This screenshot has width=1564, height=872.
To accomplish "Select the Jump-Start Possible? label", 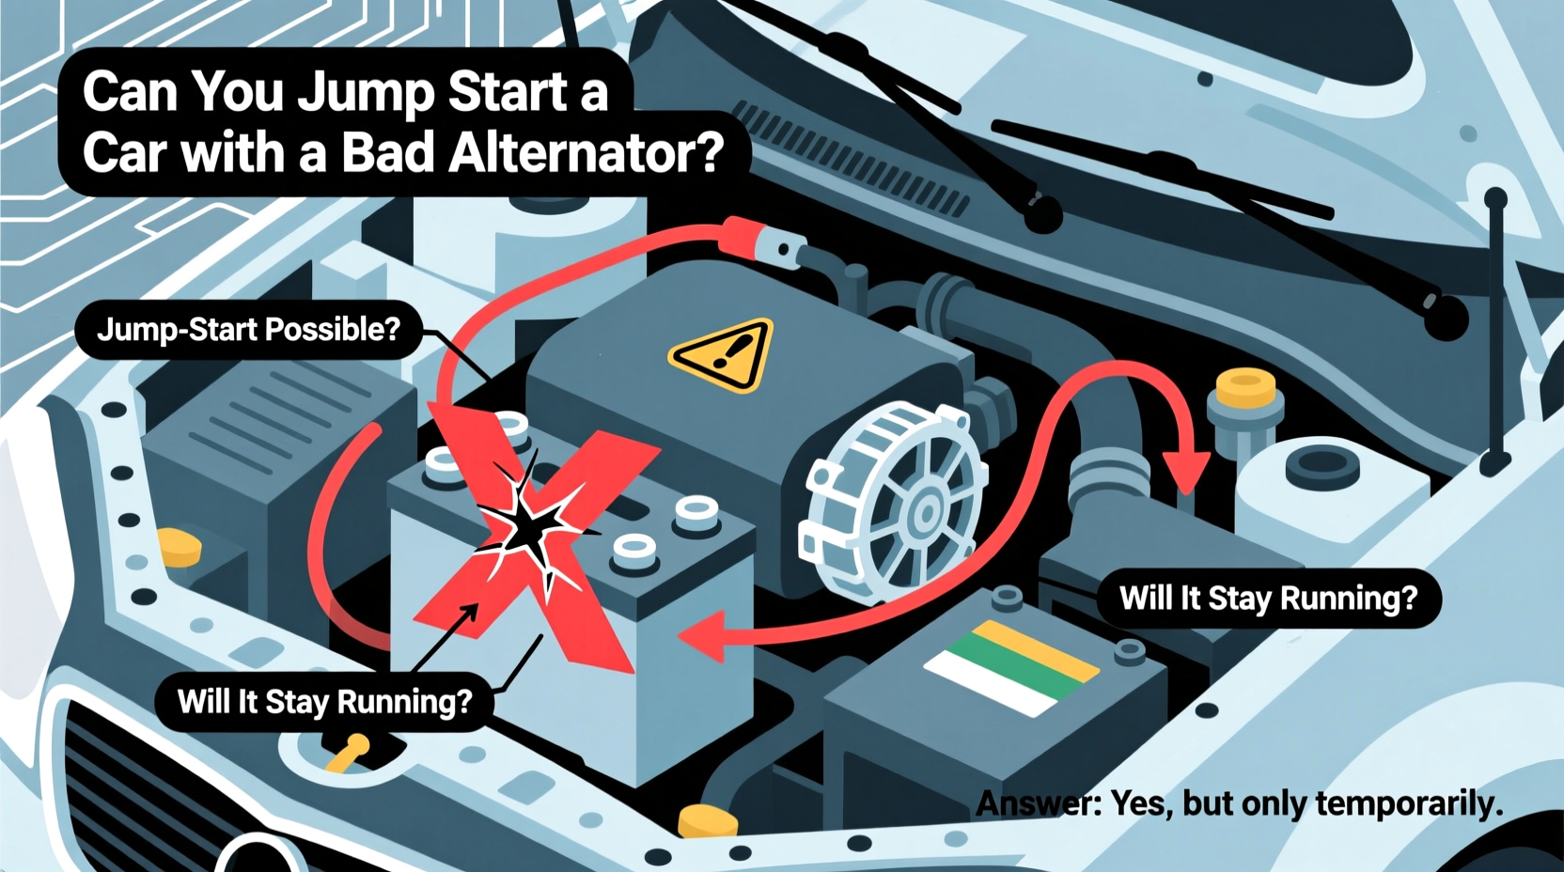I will coord(248,330).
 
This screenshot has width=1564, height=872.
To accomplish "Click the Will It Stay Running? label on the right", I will coord(1268,599).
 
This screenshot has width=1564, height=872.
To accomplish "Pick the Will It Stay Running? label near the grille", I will coord(324,702).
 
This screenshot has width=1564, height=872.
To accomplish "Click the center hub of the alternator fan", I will coord(925,513).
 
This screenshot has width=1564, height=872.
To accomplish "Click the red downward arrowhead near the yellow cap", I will coord(1185,469).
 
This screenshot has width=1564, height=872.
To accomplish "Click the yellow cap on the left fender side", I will coord(180,547).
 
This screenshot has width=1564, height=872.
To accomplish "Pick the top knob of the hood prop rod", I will coord(1495,199).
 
